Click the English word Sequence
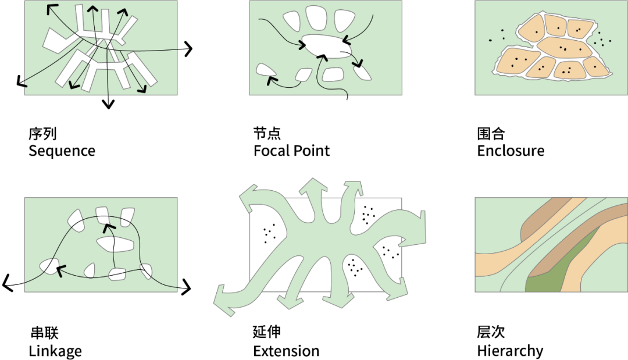62,151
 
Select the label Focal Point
291,151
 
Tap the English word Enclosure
511,151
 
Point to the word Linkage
55,351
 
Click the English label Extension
286,351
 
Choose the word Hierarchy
510,351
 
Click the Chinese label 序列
42,134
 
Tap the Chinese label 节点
267,134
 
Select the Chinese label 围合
491,134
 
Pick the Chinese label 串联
44,333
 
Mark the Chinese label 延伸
267,333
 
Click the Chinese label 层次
491,333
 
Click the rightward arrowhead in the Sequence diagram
188,49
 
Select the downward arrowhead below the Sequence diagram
107,104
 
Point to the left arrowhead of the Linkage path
7,283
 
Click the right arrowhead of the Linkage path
186,286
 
